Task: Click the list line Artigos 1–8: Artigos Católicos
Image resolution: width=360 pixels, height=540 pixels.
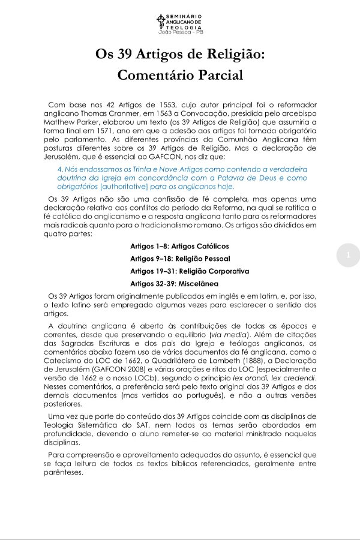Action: [179, 246]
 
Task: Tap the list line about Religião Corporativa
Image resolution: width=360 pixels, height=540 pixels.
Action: [181, 271]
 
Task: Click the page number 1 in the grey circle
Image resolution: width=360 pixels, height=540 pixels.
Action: [349, 256]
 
